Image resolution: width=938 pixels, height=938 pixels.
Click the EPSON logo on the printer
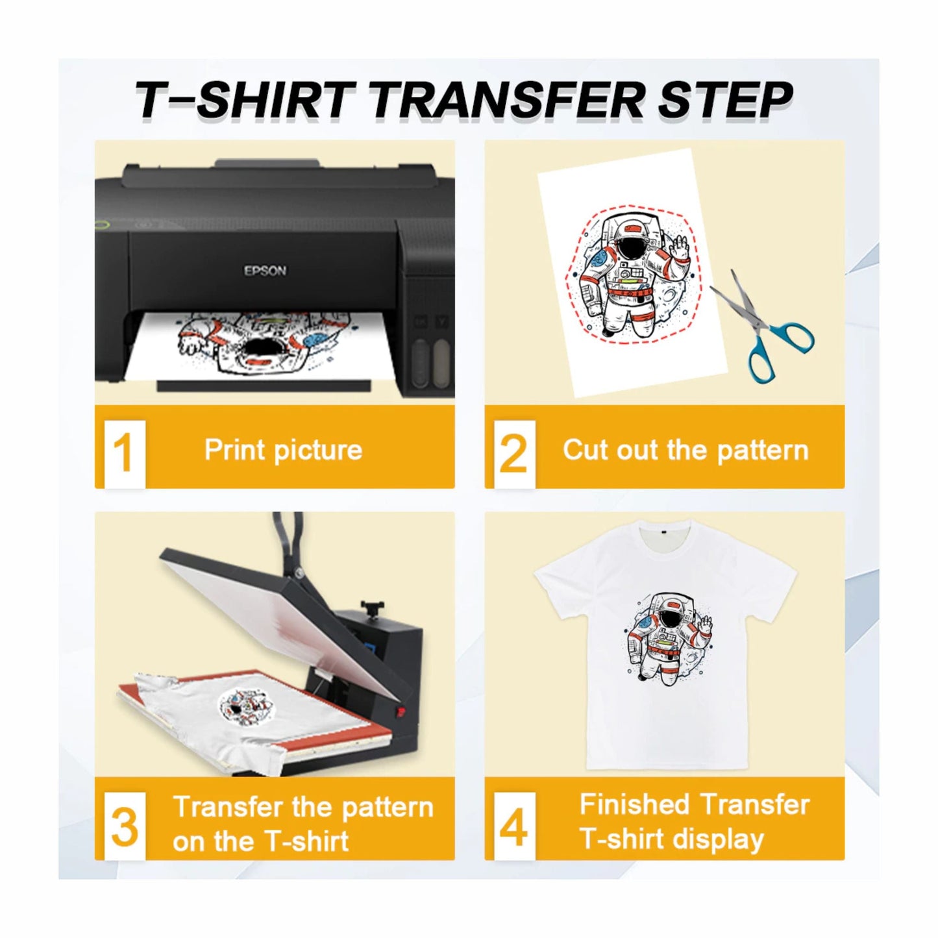coord(265,271)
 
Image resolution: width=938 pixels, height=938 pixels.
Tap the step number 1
coord(123,452)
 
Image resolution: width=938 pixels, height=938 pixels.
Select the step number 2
coord(513,452)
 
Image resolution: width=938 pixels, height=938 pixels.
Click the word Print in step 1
coord(234,449)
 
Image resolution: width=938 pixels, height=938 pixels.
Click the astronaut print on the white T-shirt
coord(669,639)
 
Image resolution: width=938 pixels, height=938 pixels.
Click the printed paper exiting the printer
coord(260,347)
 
